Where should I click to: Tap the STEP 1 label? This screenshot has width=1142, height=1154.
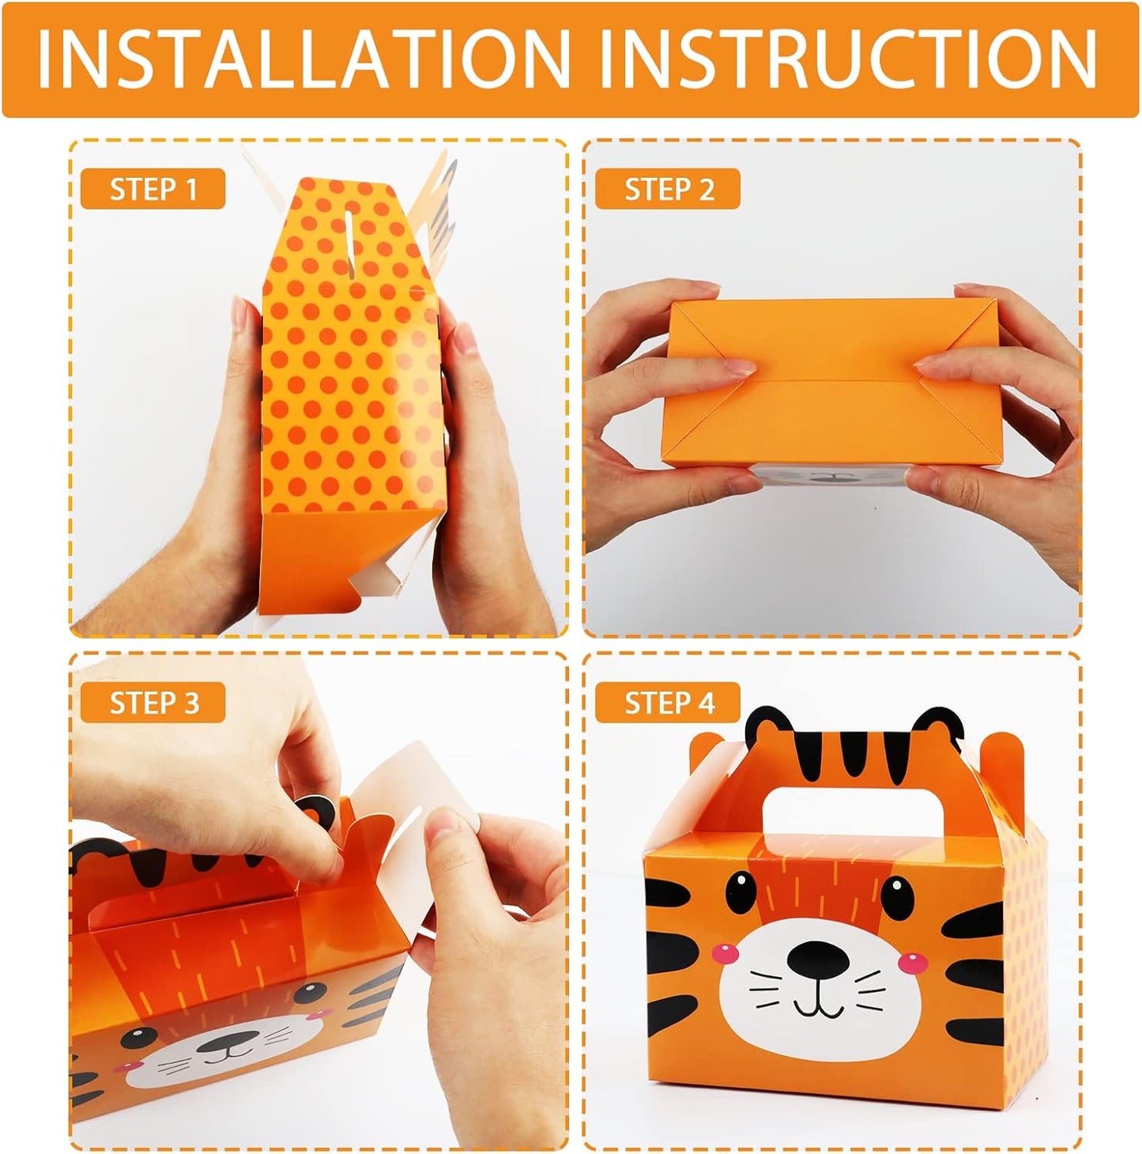[153, 189]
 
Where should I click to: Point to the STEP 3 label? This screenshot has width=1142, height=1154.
[154, 703]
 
